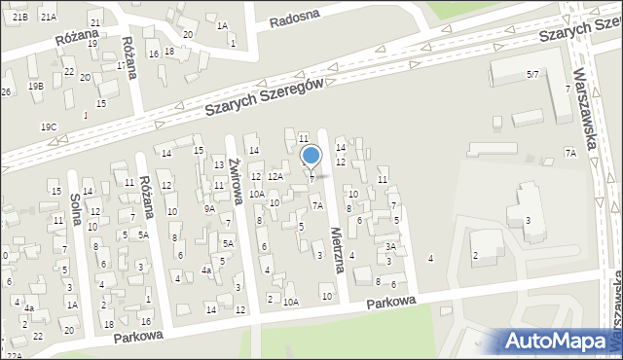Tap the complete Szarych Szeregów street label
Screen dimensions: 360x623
pyautogui.click(x=264, y=98)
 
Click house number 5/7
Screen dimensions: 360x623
pyautogui.click(x=532, y=74)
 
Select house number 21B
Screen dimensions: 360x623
pyautogui.click(x=20, y=18)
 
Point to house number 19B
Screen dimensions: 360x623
pyautogui.click(x=36, y=87)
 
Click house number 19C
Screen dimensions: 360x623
pyautogui.click(x=48, y=127)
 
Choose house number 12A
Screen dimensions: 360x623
pyautogui.click(x=275, y=176)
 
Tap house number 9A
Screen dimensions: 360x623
pyautogui.click(x=209, y=208)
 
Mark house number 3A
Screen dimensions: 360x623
pyautogui.click(x=390, y=247)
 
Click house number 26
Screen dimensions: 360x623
pyautogui.click(x=6, y=91)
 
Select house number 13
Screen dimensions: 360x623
pyautogui.click(x=219, y=164)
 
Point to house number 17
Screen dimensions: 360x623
pyautogui.click(x=122, y=65)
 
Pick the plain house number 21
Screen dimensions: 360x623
pyautogui.click(x=94, y=22)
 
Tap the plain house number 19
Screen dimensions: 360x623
pyautogui.click(x=92, y=44)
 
